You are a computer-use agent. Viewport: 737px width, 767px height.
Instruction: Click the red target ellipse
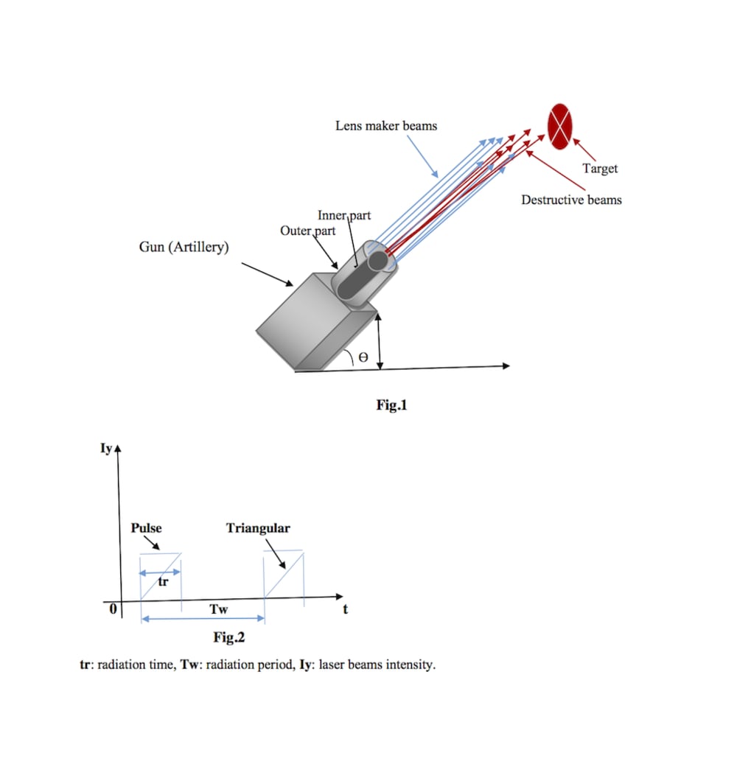560,126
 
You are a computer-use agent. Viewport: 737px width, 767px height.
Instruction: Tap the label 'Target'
600,169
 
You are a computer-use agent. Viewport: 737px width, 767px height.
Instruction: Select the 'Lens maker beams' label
386,126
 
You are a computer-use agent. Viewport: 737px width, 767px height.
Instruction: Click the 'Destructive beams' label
571,200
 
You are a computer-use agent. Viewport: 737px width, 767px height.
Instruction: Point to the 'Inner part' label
344,215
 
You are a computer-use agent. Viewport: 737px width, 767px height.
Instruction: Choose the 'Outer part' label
307,231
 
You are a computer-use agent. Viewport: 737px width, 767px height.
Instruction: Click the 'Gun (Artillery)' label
184,247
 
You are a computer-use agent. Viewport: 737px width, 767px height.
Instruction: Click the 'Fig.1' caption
391,404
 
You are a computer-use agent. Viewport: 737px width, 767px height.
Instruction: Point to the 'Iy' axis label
106,447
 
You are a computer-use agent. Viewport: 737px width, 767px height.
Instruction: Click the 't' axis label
344,609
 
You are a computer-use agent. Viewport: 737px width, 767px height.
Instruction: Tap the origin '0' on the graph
113,610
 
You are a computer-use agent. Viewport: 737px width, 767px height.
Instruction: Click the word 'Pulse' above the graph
146,528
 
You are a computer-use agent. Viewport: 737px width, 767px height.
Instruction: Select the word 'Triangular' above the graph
258,528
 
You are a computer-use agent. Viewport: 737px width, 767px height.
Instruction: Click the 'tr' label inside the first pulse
164,582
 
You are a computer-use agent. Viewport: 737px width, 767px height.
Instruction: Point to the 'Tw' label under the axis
219,609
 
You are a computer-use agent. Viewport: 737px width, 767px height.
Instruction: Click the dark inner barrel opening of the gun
379,262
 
